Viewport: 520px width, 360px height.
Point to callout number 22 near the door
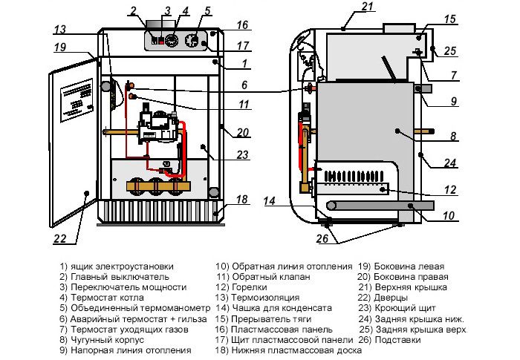pyautogui.click(x=59, y=238)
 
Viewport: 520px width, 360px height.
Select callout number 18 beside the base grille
pyautogui.click(x=241, y=200)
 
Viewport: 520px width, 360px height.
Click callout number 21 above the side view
pyautogui.click(x=366, y=7)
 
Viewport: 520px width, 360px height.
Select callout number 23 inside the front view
pyautogui.click(x=241, y=155)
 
